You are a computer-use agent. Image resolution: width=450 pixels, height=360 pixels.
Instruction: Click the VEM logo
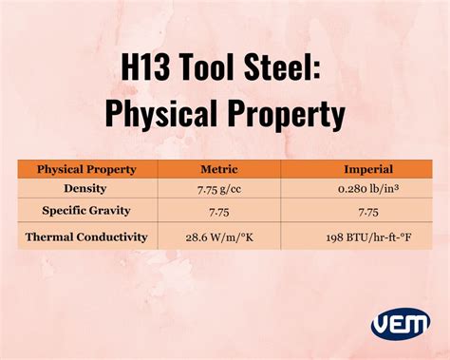[x=400, y=323]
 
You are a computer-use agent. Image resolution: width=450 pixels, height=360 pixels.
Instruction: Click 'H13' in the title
[x=151, y=70]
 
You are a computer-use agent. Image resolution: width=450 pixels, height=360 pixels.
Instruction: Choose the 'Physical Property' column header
[x=86, y=169]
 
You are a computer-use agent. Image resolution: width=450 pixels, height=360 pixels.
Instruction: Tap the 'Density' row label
[x=86, y=188]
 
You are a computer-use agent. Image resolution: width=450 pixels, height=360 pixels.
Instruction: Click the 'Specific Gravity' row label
[x=86, y=210]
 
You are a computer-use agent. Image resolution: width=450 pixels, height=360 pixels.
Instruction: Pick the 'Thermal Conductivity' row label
[x=86, y=237]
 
